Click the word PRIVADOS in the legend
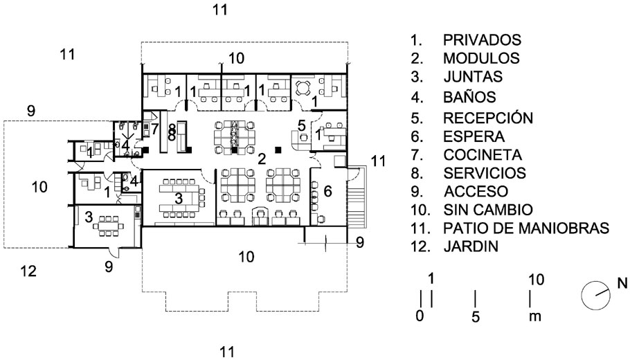tap(482, 39)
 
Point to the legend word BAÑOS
tap(469, 98)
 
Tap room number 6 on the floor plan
tap(327, 190)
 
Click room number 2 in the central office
tap(262, 159)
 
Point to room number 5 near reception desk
tap(302, 125)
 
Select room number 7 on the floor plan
tap(155, 129)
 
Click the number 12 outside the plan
tap(28, 271)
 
